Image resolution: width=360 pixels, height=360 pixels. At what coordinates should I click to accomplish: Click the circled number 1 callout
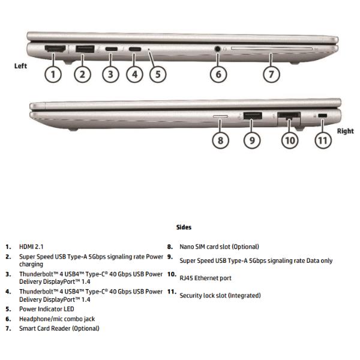point(53,74)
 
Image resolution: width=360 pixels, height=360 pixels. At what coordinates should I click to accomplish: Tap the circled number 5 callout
point(157,74)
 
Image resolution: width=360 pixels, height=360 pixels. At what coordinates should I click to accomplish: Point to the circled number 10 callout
point(290,140)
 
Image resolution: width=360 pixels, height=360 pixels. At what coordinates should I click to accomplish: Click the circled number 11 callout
point(323,140)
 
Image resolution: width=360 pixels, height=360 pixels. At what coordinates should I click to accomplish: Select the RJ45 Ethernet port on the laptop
point(289,115)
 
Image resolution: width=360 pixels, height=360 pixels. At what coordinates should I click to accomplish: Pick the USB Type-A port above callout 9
point(252,115)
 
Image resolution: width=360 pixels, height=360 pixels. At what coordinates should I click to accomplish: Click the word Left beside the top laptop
point(20,66)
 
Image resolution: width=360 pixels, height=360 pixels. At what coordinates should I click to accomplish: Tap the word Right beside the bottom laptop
point(345,131)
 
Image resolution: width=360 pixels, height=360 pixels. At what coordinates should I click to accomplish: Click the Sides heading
point(184,227)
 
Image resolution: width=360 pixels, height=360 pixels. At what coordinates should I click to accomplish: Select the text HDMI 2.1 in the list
point(31,247)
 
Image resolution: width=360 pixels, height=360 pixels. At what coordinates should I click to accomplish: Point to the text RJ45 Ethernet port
point(205,278)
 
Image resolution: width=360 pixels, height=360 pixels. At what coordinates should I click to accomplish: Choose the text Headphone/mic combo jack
point(57,319)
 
